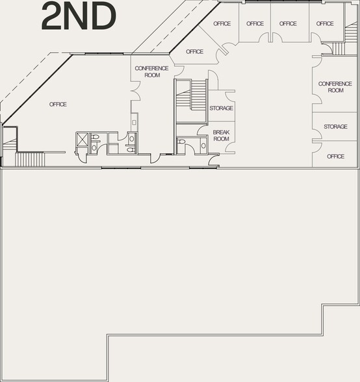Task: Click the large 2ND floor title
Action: coord(79,17)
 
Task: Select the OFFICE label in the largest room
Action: coord(58,104)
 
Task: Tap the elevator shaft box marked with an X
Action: coord(83,138)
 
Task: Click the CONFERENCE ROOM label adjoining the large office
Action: coord(151,71)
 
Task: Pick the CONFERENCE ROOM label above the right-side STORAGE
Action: coord(335,87)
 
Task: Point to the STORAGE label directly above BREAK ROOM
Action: coord(221,108)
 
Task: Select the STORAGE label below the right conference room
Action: coord(335,127)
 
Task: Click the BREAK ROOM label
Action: coord(222,135)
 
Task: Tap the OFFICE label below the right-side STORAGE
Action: coord(335,157)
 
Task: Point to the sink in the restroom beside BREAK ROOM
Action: coord(203,145)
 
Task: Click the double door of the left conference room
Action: coord(135,92)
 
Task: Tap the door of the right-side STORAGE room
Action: coord(316,134)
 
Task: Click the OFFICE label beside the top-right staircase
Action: coord(325,24)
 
